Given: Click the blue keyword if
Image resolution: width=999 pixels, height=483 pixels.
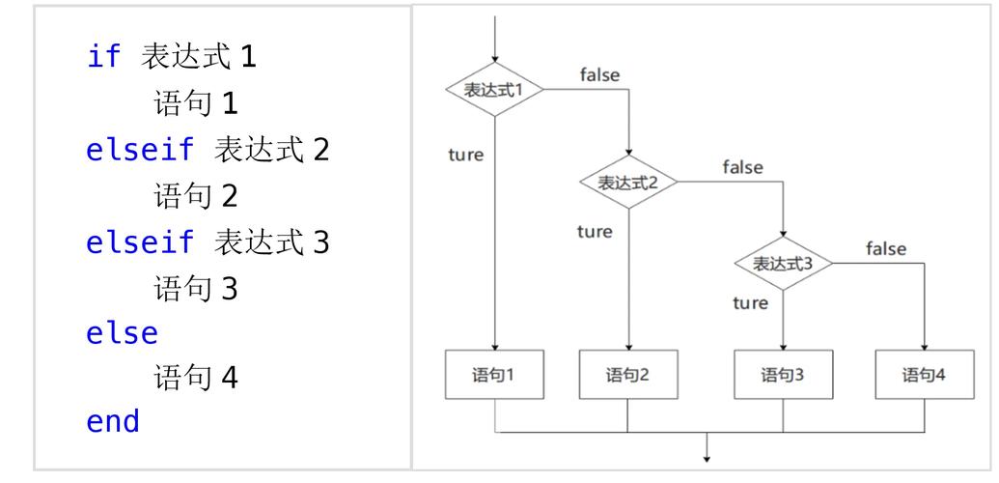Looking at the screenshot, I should click(104, 57).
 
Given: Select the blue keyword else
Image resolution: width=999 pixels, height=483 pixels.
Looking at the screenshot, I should click(122, 333).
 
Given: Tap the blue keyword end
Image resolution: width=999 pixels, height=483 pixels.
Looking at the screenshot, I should click(113, 421).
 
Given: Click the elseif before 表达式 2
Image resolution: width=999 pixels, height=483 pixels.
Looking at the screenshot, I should click(140, 151).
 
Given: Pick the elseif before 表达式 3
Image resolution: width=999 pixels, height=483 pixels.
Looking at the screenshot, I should click(140, 242).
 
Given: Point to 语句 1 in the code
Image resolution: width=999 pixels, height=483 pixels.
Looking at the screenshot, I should click(195, 102).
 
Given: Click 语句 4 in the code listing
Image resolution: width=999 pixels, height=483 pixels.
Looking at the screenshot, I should click(195, 378).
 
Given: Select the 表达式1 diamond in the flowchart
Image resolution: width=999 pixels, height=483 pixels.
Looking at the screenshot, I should click(494, 90).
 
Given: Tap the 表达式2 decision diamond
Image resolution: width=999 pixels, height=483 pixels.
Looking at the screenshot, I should click(628, 183).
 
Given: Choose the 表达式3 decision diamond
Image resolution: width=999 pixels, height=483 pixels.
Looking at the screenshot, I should click(783, 263).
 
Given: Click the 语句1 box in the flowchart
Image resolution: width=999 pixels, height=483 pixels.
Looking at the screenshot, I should click(494, 375).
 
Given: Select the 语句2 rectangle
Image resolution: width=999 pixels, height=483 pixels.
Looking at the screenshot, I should click(628, 375).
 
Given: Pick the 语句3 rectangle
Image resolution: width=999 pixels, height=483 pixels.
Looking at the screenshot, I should click(783, 375).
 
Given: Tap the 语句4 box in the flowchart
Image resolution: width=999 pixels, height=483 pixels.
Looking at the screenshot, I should click(924, 375).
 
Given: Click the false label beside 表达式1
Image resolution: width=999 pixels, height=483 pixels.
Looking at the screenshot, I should click(599, 74).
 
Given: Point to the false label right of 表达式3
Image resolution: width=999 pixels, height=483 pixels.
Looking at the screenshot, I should click(885, 249).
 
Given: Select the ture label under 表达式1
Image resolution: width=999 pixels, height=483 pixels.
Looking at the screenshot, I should click(466, 155).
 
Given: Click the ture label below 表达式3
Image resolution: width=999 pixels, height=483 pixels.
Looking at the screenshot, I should click(750, 303).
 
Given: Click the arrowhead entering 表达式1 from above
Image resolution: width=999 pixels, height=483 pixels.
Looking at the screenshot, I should click(494, 58).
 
